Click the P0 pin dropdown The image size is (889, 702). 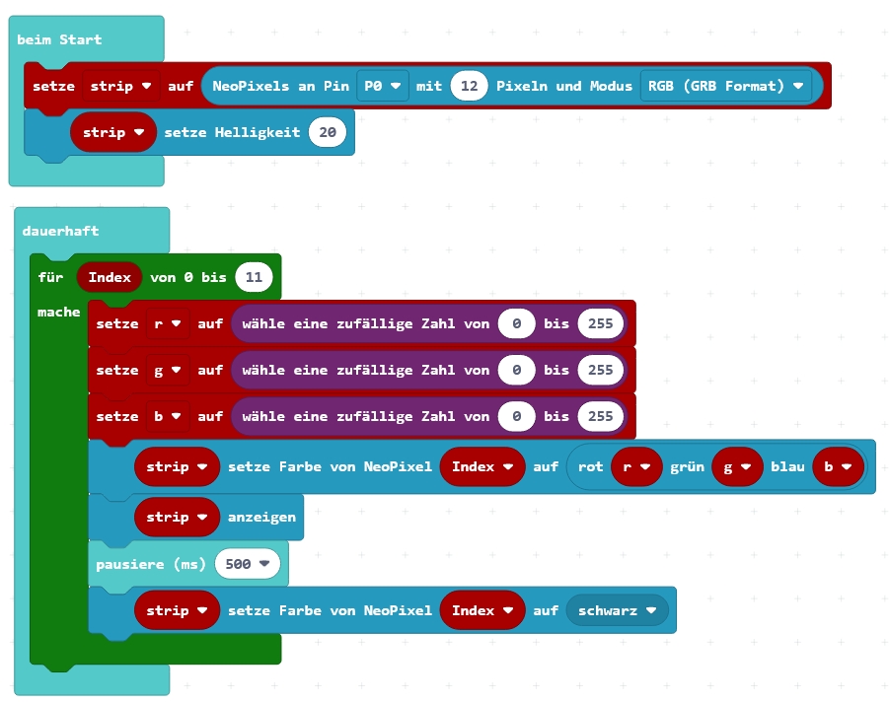point(383,86)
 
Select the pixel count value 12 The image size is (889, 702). point(470,86)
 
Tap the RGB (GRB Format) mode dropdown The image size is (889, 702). point(725,86)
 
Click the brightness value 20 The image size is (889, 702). point(328,132)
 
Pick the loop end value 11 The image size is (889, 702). point(254,277)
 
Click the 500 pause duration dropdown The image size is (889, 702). point(248,564)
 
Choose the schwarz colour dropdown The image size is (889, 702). point(617,610)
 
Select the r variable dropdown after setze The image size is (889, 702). point(168,323)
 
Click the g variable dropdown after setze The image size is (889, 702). point(168,370)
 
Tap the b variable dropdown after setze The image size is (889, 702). point(168,416)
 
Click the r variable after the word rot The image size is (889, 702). point(634,466)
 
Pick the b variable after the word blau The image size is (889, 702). point(838,466)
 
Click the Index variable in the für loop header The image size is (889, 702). point(110,277)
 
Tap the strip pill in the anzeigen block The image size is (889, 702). point(177,517)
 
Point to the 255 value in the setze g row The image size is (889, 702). point(601,370)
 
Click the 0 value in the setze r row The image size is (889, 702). point(516,323)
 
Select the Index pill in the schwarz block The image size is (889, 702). point(482,610)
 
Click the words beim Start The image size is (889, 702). point(59,39)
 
